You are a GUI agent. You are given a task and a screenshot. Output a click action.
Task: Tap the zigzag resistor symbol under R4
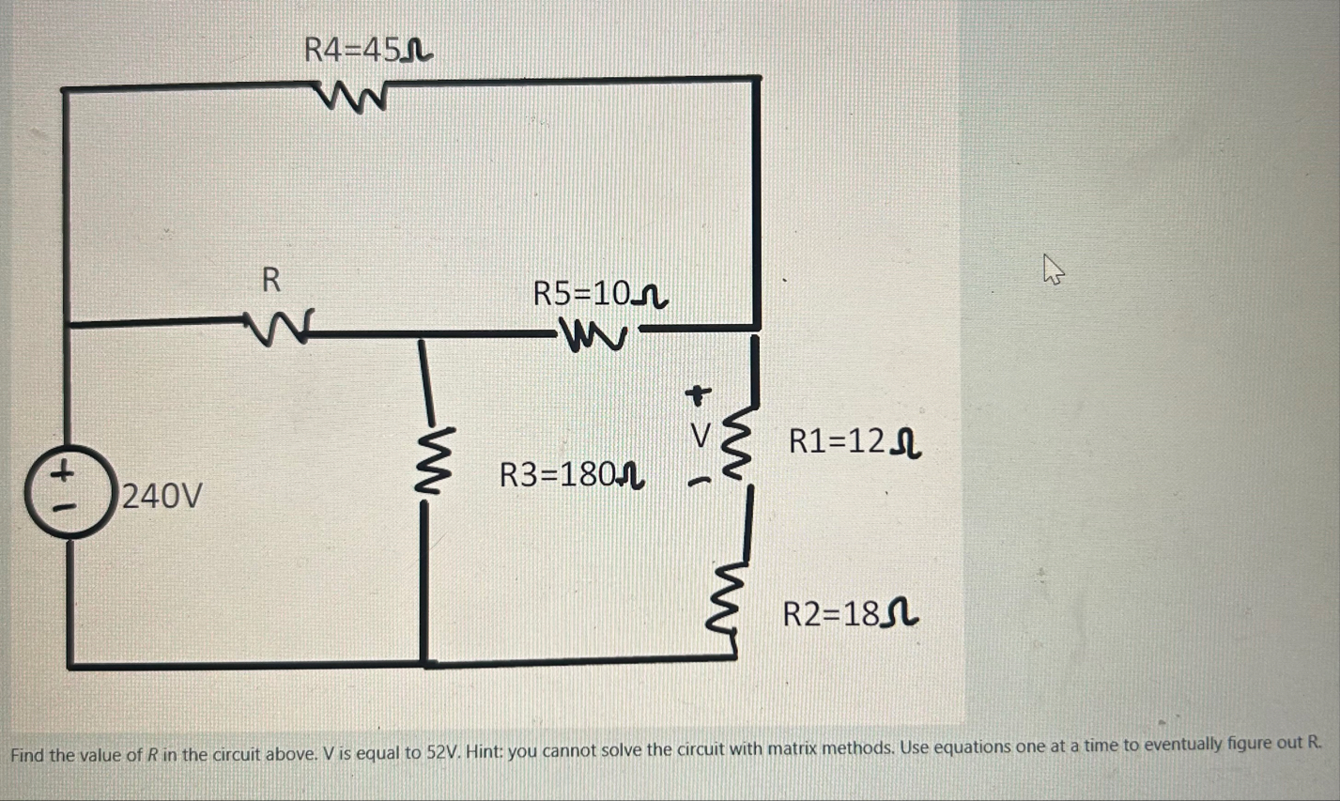coord(353,96)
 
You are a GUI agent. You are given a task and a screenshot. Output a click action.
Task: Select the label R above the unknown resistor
coord(270,279)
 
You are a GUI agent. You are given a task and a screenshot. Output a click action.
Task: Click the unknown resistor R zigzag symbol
coord(276,326)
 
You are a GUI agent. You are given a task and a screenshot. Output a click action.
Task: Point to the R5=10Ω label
coord(599,294)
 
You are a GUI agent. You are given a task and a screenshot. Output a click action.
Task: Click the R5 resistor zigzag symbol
coord(593,334)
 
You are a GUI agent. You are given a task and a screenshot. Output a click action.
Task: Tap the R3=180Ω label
coord(571,474)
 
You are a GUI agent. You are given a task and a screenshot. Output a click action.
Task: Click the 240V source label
coord(162,495)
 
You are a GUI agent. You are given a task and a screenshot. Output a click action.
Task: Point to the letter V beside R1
coord(700,436)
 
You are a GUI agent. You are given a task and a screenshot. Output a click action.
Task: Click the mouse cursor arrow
coord(1053,271)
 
